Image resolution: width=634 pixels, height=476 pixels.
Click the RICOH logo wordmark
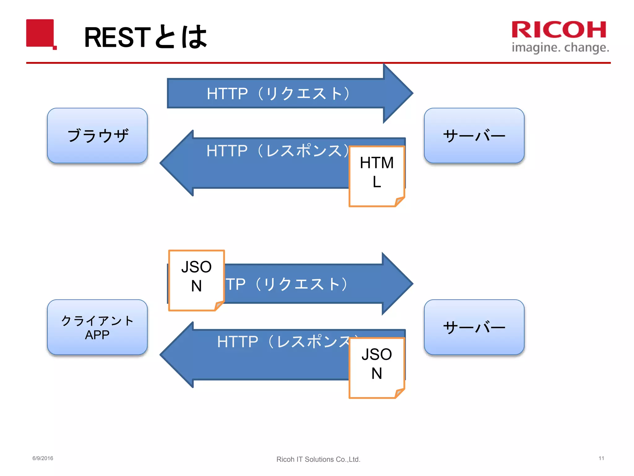pos(559,30)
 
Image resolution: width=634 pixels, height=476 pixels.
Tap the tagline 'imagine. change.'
pos(560,48)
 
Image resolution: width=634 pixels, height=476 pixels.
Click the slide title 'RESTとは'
pos(145,37)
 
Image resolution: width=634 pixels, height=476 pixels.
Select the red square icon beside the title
pos(41,33)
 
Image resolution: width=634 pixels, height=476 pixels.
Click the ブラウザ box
pos(97,136)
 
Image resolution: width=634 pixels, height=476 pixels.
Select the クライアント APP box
pos(97,327)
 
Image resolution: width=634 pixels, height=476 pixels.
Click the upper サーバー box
pos(474,136)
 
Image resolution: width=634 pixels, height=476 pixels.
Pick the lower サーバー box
pos(474,327)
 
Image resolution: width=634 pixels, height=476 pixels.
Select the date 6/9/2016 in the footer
pos(43,458)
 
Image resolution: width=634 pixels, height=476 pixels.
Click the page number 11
pos(601,458)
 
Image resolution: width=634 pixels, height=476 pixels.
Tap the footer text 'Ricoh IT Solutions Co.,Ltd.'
pos(318,459)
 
